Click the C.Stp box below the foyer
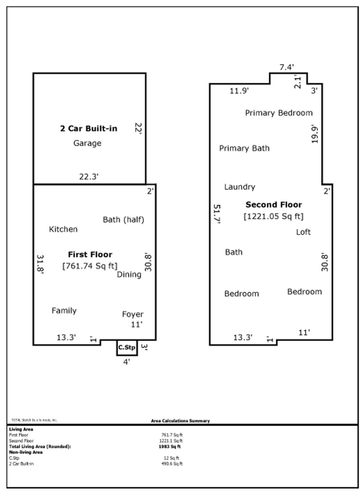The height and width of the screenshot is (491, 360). [127, 347]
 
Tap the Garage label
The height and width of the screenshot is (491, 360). [88, 144]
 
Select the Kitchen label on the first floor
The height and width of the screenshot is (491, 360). [63, 229]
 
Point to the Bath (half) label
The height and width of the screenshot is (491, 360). [124, 219]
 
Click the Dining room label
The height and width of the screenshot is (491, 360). [129, 274]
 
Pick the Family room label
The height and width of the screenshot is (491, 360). [64, 311]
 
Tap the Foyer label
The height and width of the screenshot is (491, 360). [133, 315]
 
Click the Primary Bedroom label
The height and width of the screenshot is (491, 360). [279, 113]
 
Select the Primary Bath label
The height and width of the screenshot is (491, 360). [244, 149]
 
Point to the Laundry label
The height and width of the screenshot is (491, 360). [240, 187]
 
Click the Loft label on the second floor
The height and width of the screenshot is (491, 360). [304, 232]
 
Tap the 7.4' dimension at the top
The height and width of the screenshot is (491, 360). [286, 68]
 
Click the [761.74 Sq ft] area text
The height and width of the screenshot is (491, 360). [90, 266]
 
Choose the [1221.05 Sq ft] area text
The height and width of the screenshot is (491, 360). [274, 216]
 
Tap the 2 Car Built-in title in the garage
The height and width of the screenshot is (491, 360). [89, 129]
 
